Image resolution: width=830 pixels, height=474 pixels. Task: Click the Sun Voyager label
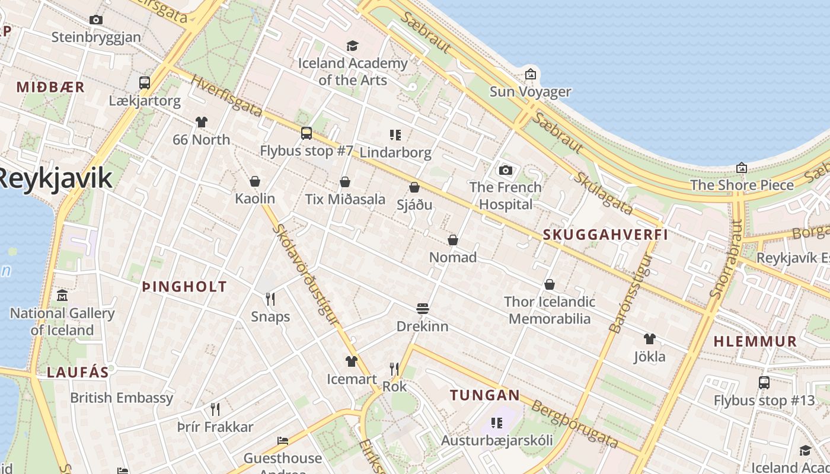tap(530, 92)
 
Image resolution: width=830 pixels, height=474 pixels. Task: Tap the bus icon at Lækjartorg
tap(145, 83)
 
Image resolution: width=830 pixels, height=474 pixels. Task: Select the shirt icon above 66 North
tap(202, 122)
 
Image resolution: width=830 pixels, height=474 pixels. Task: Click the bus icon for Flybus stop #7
tap(307, 133)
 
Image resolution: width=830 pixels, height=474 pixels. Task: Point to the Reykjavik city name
tap(55, 178)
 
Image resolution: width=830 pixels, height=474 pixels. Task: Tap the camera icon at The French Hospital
tap(505, 171)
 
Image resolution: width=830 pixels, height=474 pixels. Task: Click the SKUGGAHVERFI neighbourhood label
tap(605, 235)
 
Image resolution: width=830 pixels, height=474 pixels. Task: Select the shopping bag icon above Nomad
tap(453, 240)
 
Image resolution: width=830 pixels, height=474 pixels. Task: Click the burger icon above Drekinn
tap(423, 309)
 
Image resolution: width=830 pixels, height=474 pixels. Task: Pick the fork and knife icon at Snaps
tap(270, 299)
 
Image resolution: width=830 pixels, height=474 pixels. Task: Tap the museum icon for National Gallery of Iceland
tap(62, 295)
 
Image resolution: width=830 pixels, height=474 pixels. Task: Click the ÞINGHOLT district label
tap(184, 287)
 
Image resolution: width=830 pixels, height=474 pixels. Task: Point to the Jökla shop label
tap(650, 357)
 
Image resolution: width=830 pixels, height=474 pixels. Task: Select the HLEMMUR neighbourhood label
tap(755, 341)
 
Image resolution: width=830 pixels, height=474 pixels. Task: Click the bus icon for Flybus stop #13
tap(764, 383)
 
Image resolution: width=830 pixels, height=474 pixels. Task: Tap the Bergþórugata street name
tap(574, 424)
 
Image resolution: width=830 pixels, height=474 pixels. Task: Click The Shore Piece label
tap(742, 185)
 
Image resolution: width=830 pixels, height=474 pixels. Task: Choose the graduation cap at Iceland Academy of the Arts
tap(353, 46)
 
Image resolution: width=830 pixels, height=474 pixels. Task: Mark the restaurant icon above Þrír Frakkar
tap(215, 409)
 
